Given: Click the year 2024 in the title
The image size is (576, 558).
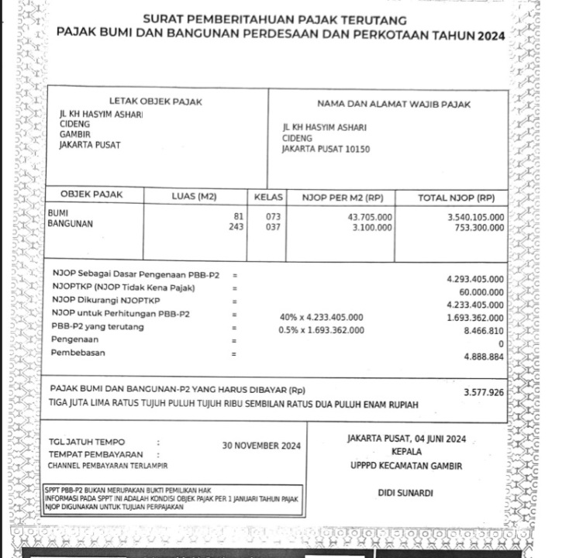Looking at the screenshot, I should coord(491,36).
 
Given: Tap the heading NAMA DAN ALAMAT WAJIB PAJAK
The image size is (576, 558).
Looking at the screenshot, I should coord(394,104).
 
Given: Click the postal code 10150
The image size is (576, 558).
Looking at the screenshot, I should coord(357,148).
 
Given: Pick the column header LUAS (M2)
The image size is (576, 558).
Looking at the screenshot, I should coord(194,198).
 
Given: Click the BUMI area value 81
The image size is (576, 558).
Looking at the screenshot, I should coord(239,216).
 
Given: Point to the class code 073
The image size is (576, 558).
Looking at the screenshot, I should coord(273,216).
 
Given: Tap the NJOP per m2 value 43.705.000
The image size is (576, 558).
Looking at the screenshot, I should coord(370,216).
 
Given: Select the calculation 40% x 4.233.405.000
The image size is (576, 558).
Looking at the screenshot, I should coord(321,317).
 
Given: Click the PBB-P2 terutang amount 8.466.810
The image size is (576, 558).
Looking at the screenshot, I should coord(483,330).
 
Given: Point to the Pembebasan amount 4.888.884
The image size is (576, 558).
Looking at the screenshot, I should coord(483,356).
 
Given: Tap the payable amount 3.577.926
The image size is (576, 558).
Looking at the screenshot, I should coord(483,393).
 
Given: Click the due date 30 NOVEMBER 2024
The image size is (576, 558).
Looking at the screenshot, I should coord(261,446).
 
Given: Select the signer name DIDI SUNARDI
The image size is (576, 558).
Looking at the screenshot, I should coord(405,493).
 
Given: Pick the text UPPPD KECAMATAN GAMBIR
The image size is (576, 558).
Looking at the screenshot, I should coord(406,466).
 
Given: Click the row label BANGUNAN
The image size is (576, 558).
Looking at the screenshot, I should coord(71,223).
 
